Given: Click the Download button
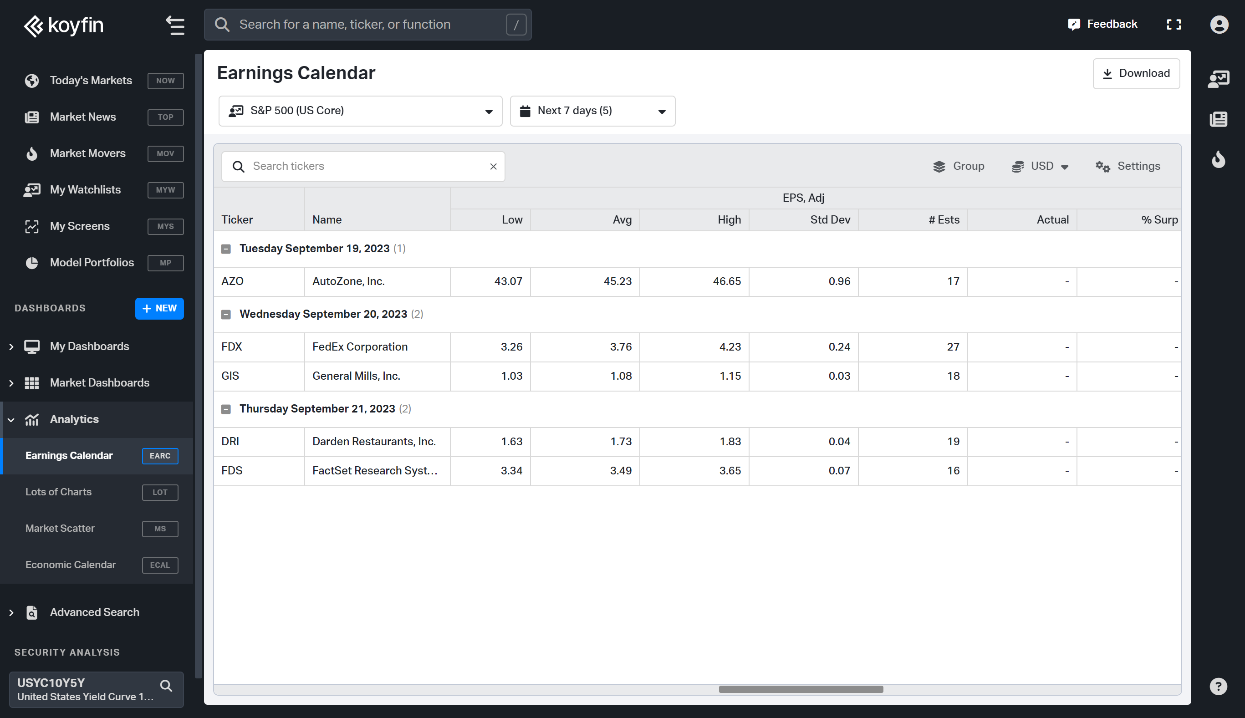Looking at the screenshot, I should [x=1136, y=73].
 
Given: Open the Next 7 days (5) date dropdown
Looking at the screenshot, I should [x=592, y=111].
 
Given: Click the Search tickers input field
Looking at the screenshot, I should [x=365, y=167].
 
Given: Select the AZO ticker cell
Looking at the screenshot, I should [x=233, y=281].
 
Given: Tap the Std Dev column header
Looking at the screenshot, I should [x=830, y=220].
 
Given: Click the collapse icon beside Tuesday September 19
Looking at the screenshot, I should [x=226, y=249].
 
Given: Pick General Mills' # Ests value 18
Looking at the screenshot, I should [x=953, y=376].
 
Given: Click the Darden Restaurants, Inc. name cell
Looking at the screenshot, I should [x=374, y=442].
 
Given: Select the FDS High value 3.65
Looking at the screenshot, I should [x=730, y=471].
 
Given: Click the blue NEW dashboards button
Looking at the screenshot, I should [x=159, y=309].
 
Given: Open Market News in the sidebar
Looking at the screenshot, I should [x=83, y=117].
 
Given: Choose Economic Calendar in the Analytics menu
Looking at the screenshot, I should [x=71, y=565].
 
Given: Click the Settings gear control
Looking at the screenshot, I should [x=1128, y=167].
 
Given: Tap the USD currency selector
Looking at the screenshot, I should [x=1041, y=167].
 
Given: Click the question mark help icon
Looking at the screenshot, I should [x=1218, y=687].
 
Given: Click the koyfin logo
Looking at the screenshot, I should [x=64, y=25].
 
